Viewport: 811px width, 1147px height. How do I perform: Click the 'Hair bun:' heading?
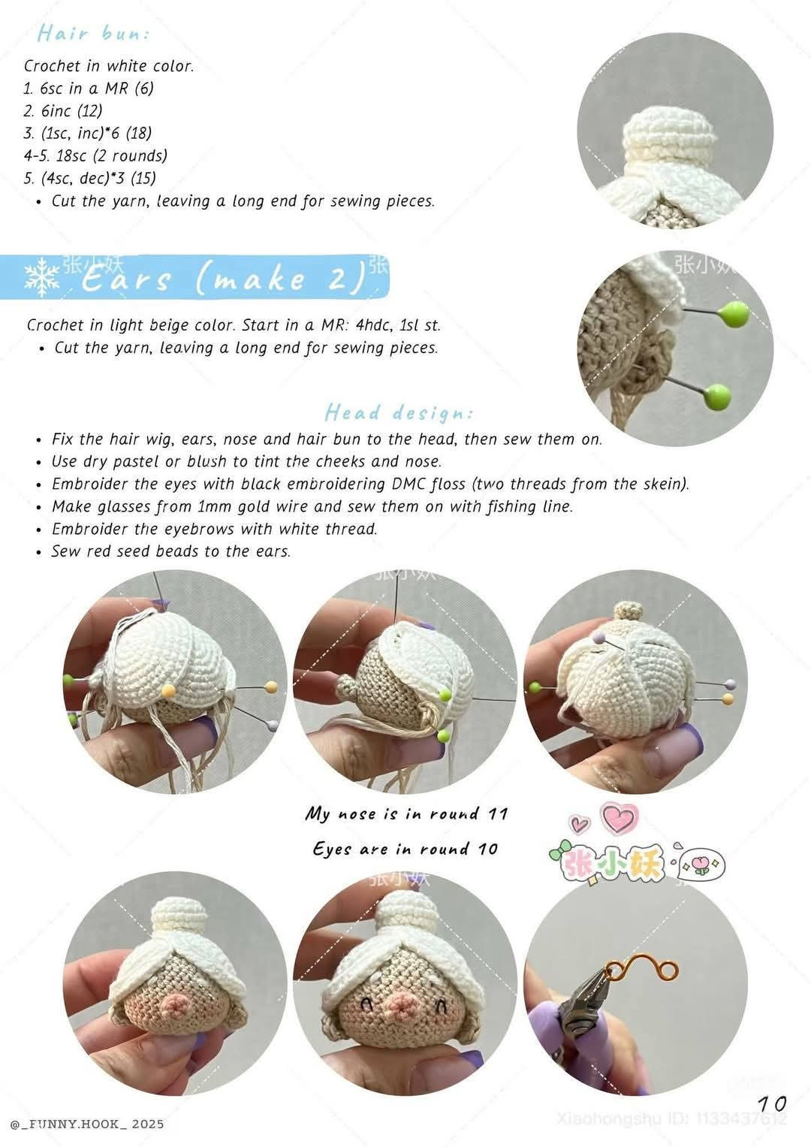[x=93, y=34]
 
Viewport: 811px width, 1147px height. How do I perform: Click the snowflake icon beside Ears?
[x=43, y=278]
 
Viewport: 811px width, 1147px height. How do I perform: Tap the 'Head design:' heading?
[x=399, y=412]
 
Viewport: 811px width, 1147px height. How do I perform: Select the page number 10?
[x=772, y=1103]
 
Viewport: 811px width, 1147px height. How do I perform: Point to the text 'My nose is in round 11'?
[x=406, y=813]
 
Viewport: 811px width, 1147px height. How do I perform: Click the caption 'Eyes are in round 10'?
[x=405, y=849]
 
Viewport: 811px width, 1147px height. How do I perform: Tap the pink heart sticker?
[x=621, y=818]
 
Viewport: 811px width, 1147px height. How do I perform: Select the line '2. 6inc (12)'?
[x=63, y=111]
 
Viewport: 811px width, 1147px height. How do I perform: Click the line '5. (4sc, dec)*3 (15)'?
[x=90, y=179]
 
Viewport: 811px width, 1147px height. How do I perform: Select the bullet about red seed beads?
[x=170, y=551]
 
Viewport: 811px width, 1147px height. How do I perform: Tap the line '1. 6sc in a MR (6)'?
[x=89, y=89]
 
